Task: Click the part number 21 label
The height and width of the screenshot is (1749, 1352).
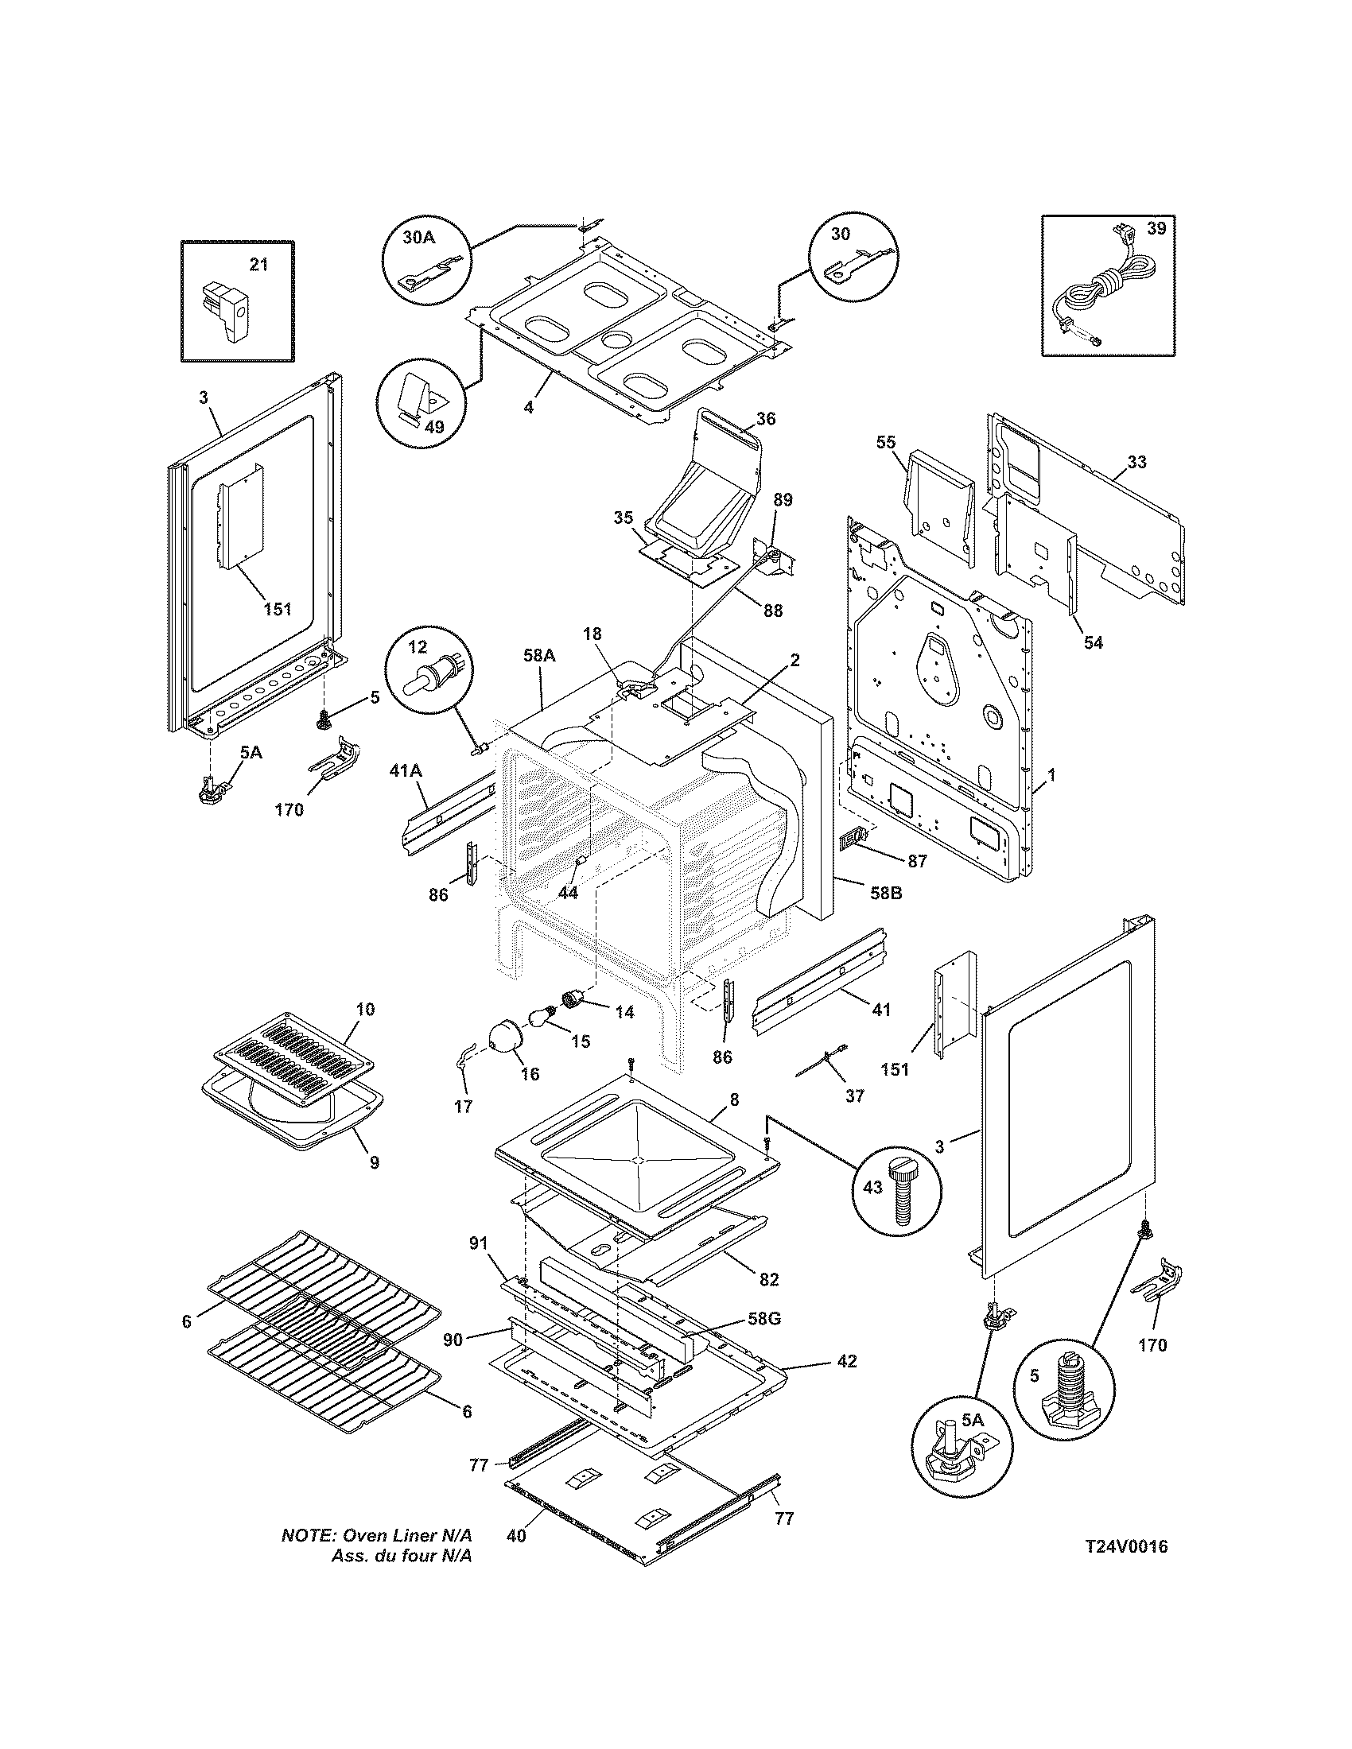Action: coord(258,264)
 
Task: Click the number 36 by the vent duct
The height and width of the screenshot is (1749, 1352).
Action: coord(765,419)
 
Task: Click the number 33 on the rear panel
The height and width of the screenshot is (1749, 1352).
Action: coord(1136,462)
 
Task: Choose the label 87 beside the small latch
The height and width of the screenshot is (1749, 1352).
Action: coord(916,861)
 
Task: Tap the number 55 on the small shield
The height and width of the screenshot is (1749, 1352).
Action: coord(886,442)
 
